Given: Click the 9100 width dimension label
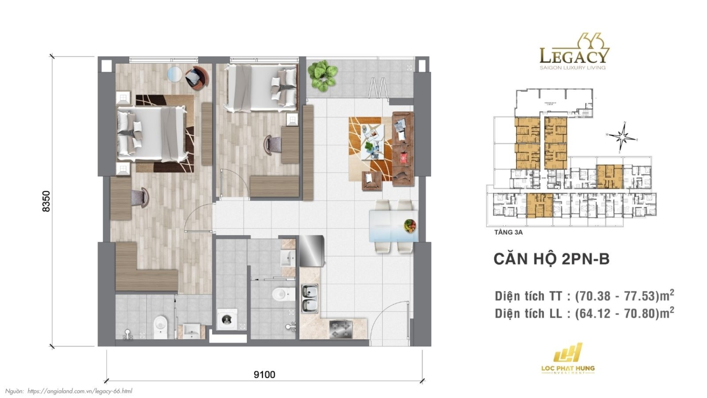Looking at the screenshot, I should (264, 374).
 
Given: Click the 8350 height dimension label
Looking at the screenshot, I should (46, 201).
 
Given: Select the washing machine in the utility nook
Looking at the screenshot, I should (227, 319).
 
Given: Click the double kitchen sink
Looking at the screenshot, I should (310, 298).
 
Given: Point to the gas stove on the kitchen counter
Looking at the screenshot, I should (341, 329).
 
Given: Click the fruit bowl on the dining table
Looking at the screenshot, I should (410, 226).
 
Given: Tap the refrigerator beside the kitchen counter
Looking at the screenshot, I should (312, 251).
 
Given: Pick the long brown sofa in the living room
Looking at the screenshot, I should (403, 149).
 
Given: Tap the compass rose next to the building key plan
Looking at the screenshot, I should (623, 137).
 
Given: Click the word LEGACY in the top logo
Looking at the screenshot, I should (574, 57).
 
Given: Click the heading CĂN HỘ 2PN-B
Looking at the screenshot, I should (551, 259).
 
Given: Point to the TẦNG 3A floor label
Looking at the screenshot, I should (508, 232).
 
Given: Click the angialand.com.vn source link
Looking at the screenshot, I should (80, 391).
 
